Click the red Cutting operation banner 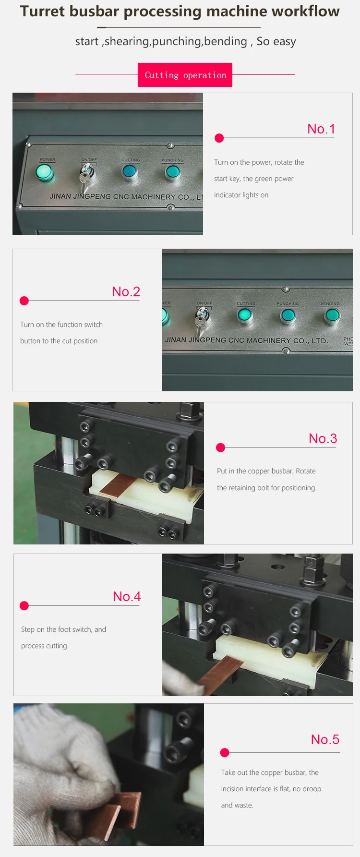pos(185,75)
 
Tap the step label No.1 pos(321,129)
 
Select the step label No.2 pos(126,291)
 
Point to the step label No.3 pos(323,438)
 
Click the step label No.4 pos(127,596)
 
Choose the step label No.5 pos(325,739)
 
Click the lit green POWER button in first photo pos(44,172)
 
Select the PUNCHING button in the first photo pos(172,172)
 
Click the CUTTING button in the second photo pos(245,315)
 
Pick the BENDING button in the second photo pos(332,315)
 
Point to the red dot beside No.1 pos(219,138)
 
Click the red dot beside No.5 pos(225,752)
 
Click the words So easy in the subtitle pos(276,41)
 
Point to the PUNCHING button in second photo pos(288,315)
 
